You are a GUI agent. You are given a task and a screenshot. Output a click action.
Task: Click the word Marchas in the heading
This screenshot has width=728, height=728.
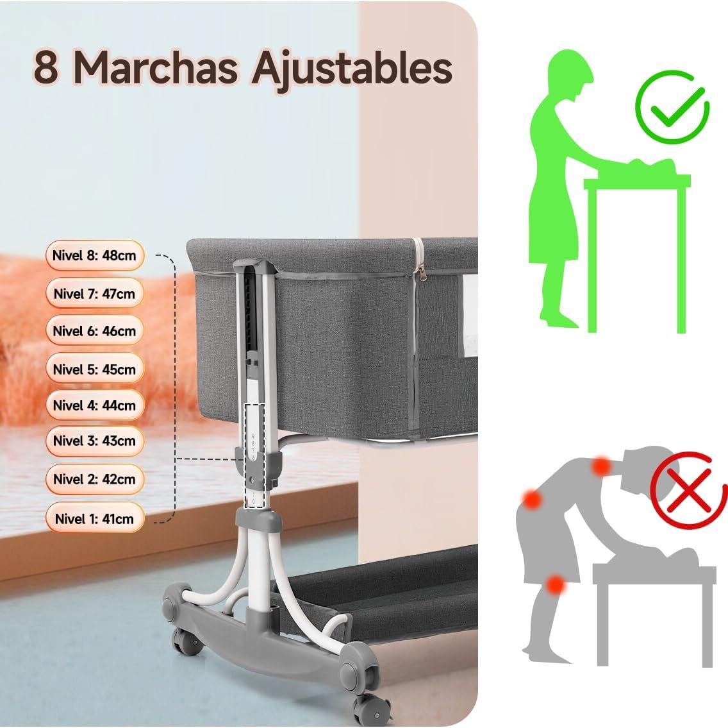[x=156, y=68]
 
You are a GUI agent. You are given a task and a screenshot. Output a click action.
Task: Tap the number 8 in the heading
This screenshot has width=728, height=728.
[x=46, y=68]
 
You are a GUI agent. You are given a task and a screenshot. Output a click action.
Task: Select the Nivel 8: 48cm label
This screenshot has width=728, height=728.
[x=95, y=255]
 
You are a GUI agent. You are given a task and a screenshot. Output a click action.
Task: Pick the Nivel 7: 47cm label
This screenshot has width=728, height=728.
[x=95, y=293]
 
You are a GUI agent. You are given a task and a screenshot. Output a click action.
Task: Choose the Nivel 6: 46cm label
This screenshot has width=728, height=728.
[x=95, y=331]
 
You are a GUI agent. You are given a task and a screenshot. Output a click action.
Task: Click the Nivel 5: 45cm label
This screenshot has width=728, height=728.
[x=95, y=369]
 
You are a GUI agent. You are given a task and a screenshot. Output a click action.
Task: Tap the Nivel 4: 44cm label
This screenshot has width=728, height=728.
[x=95, y=405]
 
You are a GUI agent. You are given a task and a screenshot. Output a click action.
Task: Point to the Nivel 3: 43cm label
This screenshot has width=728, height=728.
[x=95, y=441]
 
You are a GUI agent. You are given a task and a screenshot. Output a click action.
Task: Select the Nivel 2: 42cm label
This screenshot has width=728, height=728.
[x=95, y=479]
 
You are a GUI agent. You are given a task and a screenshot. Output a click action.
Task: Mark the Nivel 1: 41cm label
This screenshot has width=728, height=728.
[x=95, y=518]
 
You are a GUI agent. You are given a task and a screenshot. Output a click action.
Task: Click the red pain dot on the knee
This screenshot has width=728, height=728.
[x=555, y=585]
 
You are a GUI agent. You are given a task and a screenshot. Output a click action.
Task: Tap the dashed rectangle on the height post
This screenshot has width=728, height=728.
[x=254, y=456]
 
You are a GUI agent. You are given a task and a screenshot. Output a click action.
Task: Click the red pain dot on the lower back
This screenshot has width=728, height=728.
[x=532, y=500]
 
